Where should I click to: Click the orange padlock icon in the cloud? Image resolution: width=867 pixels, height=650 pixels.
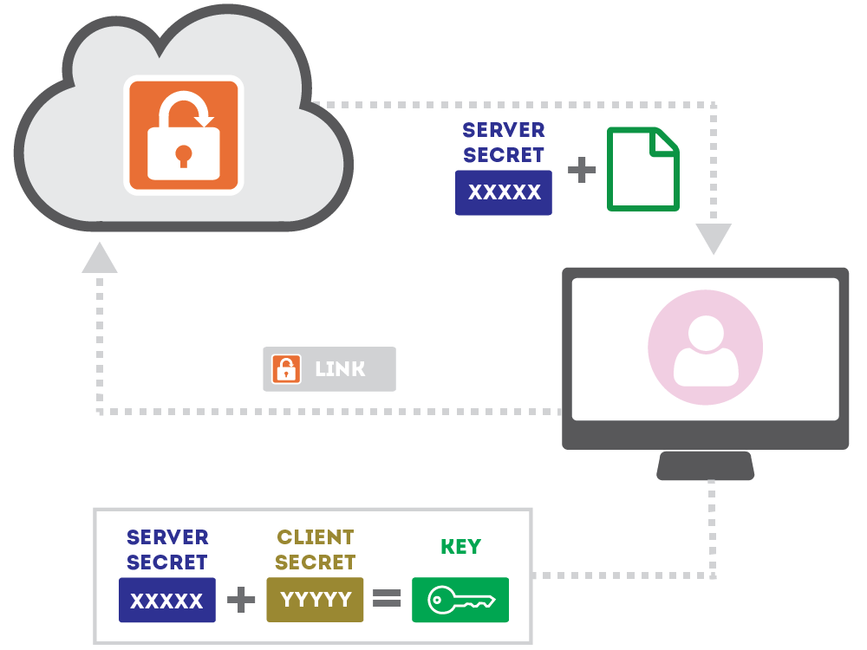[183, 134]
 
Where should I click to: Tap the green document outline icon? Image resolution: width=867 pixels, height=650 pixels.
[642, 169]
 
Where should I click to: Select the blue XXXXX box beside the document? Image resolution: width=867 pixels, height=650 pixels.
[504, 192]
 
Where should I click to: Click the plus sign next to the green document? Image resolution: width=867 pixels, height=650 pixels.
[582, 170]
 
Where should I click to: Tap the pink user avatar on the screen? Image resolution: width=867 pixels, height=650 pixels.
[705, 348]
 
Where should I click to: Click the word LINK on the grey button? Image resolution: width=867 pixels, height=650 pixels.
[340, 369]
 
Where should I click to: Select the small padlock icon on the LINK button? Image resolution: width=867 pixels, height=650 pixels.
[286, 369]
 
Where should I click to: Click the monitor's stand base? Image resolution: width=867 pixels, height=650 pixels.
[705, 465]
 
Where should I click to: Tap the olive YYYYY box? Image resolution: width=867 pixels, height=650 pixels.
[315, 600]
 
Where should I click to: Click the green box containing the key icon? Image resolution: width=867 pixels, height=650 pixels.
[460, 600]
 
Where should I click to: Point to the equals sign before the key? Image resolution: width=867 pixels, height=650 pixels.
[387, 599]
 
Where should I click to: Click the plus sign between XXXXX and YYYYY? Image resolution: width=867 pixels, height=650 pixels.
[241, 600]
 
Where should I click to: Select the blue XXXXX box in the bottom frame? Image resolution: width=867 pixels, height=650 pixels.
[166, 600]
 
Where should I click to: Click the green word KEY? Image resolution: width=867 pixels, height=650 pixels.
[460, 547]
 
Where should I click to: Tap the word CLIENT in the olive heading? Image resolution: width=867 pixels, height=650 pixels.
[315, 537]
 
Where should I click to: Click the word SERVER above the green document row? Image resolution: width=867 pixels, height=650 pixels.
[504, 130]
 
